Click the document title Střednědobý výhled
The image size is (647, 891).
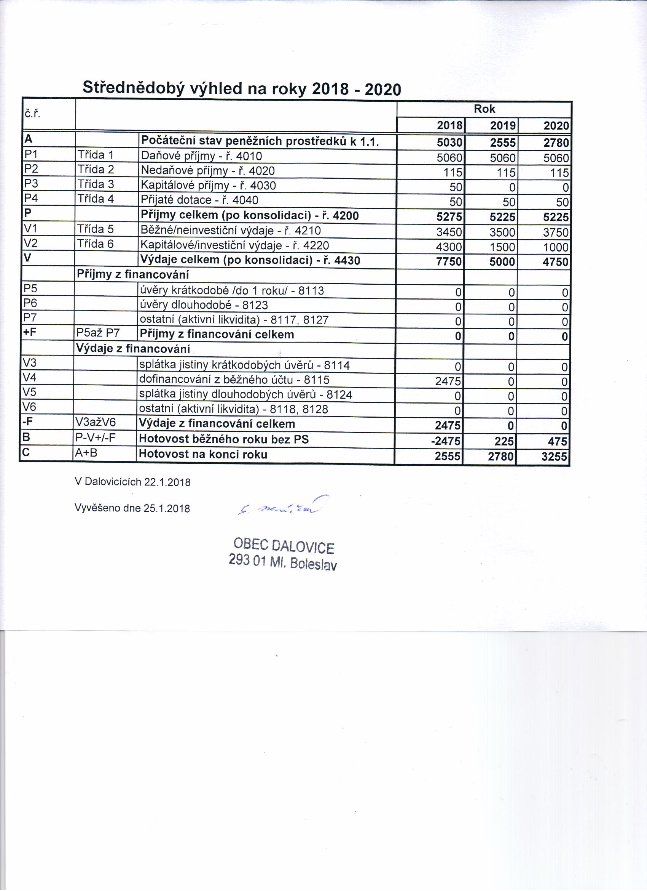coord(242,88)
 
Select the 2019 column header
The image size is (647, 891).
coord(503,126)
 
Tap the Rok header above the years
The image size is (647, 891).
coord(484,109)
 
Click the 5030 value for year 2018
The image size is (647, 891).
coord(449,142)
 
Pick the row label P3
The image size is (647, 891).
coord(31,183)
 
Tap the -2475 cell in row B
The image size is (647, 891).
coord(446,441)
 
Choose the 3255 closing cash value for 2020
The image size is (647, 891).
coord(554,457)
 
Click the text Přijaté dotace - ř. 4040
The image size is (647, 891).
coord(199,200)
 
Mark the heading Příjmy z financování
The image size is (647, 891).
coord(132,274)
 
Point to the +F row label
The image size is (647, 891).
coord(30,333)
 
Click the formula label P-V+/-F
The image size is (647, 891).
coord(96,437)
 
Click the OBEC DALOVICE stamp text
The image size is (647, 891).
coord(284,546)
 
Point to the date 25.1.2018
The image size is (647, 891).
coord(167,508)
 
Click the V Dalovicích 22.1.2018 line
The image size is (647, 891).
coord(132,482)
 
